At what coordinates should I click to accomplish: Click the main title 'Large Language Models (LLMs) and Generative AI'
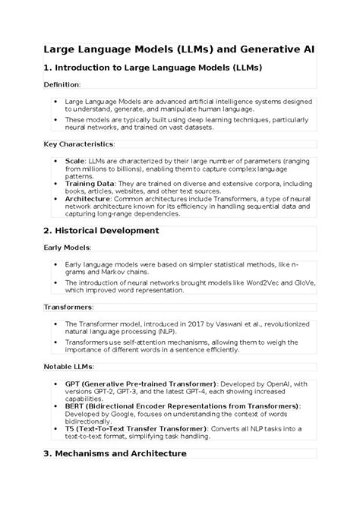[x=179, y=49]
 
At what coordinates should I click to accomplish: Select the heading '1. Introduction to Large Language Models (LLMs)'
[x=153, y=68]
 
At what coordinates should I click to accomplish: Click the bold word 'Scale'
[x=75, y=161]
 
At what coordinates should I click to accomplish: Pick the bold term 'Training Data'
[x=90, y=183]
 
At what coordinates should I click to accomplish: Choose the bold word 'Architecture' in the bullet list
[x=88, y=198]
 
